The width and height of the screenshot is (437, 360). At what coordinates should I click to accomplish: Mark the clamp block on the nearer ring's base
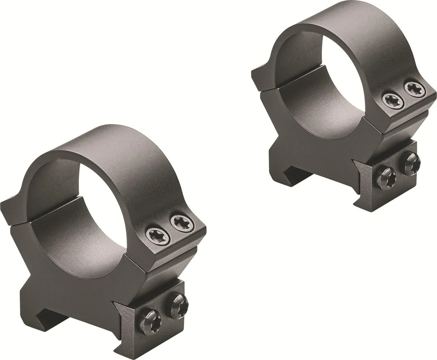(x=160, y=321)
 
